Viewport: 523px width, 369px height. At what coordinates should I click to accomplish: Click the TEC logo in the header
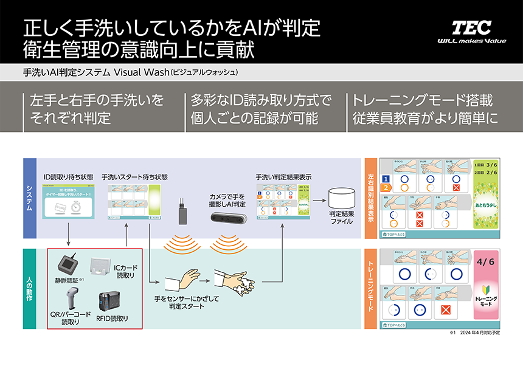point(471,27)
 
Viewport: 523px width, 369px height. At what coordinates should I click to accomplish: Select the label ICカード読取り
point(125,271)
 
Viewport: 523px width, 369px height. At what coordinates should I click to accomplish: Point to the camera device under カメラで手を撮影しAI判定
point(228,218)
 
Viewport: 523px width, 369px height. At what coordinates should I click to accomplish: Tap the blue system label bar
point(30,199)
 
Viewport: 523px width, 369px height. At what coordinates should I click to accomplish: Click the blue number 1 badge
point(385,178)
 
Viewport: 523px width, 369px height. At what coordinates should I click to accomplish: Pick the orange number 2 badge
point(385,188)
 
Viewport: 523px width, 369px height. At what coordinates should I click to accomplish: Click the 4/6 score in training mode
point(487,262)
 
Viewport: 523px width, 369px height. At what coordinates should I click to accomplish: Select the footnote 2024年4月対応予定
point(483,334)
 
